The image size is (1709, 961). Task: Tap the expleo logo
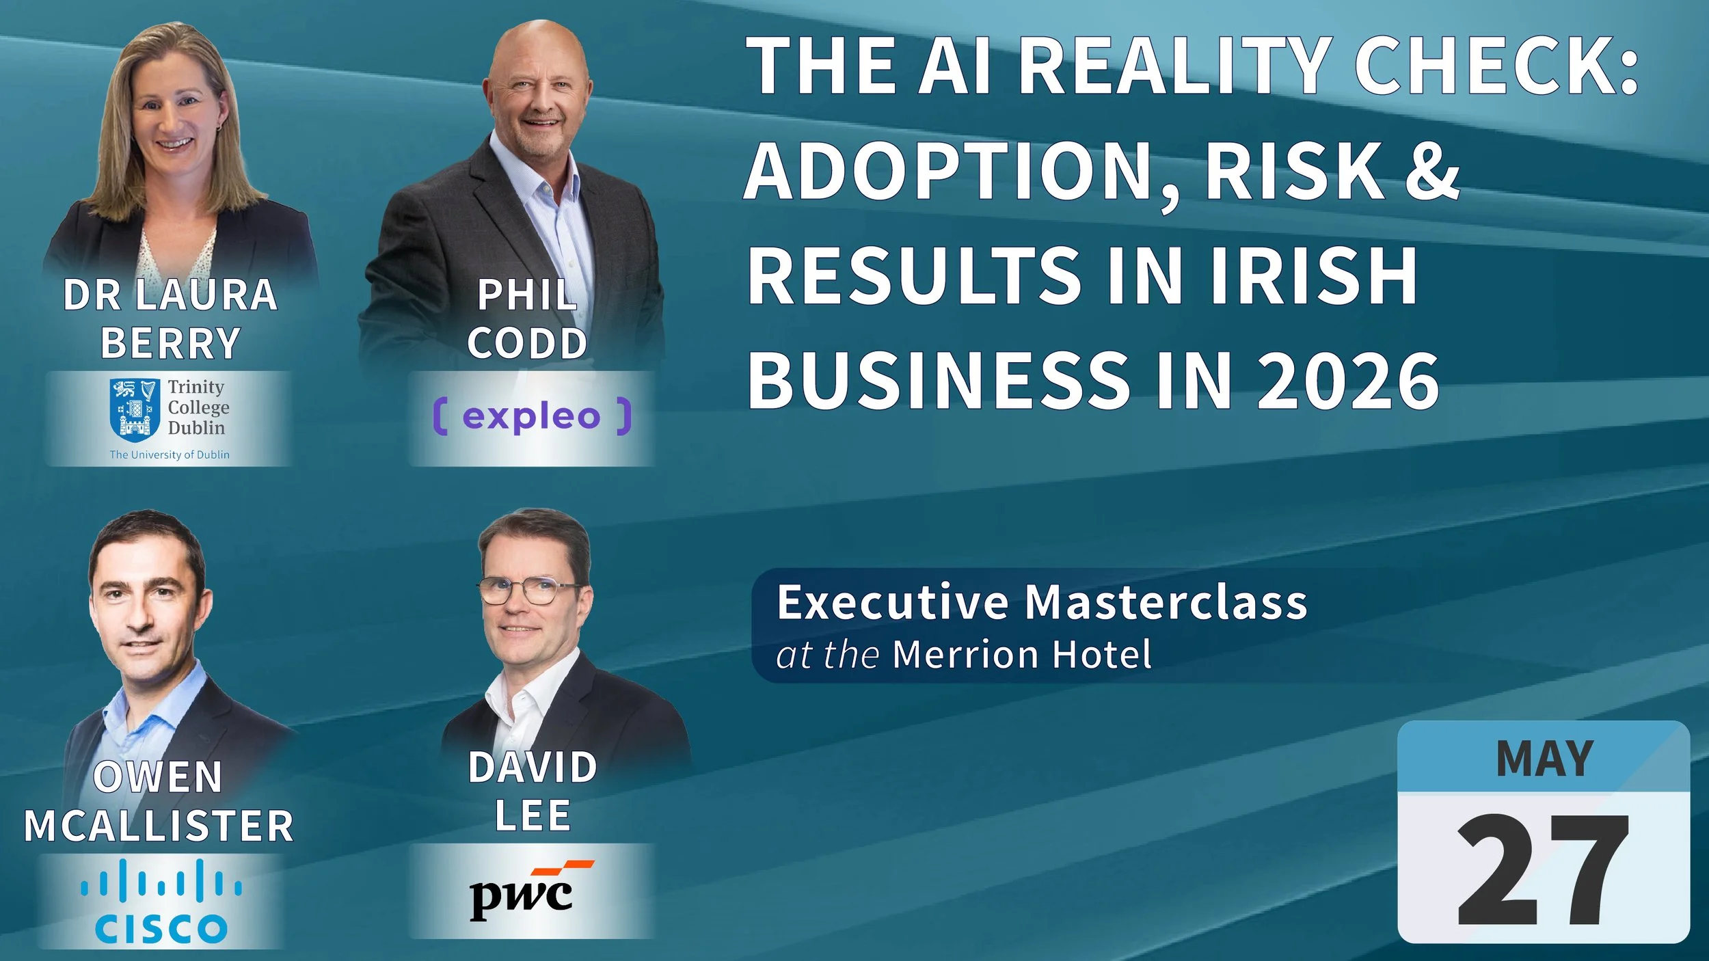tap(532, 416)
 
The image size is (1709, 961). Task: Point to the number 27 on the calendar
tap(1543, 869)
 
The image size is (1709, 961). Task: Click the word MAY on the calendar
tap(1544, 759)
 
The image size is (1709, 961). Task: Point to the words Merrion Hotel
tap(1022, 654)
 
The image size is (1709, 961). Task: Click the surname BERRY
tap(170, 343)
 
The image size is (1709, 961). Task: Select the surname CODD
tap(527, 343)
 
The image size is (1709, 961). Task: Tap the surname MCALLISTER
tap(159, 826)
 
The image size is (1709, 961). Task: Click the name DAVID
tap(533, 767)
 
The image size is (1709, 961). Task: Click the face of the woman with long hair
tap(174, 116)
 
